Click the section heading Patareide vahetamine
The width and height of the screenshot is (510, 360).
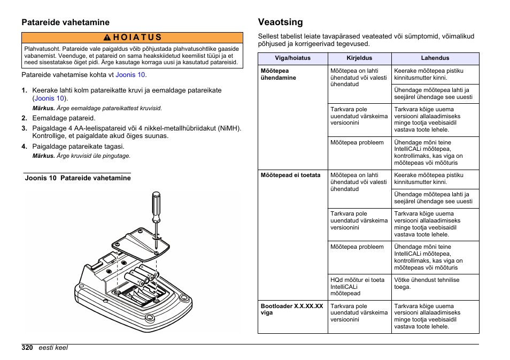pyautogui.click(x=65, y=22)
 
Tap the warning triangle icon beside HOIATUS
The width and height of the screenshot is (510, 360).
pyautogui.click(x=107, y=37)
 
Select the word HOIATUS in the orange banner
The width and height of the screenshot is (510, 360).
pyautogui.click(x=137, y=37)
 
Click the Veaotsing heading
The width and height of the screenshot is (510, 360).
pyautogui.click(x=280, y=22)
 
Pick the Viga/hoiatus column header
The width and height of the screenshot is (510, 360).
pyautogui.click(x=292, y=58)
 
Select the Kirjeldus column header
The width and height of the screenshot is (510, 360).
pyautogui.click(x=359, y=58)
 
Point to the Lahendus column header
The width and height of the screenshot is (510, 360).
pyautogui.click(x=435, y=58)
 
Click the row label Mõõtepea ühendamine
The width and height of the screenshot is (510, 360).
pyautogui.click(x=279, y=74)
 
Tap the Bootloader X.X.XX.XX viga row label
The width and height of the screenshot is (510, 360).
pyautogui.click(x=291, y=309)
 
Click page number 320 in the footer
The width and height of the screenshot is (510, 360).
pyautogui.click(x=27, y=348)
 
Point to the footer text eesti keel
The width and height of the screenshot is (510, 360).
pyautogui.click(x=53, y=348)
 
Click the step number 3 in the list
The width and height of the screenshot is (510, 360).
pyautogui.click(x=24, y=128)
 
